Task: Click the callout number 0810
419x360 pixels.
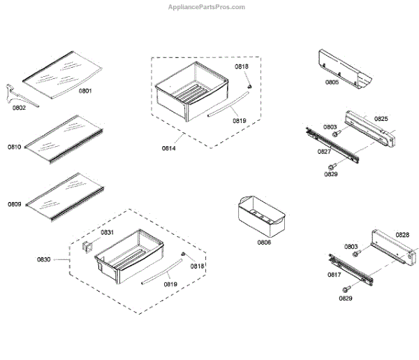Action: coord(15,147)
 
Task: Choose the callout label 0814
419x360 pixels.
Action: coord(168,147)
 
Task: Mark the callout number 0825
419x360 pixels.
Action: coord(381,119)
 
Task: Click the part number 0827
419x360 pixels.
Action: coord(324,151)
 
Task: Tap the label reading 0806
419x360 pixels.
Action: coord(264,242)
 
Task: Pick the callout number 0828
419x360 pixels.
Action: coord(402,235)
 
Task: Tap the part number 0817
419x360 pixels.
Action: coord(334,275)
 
